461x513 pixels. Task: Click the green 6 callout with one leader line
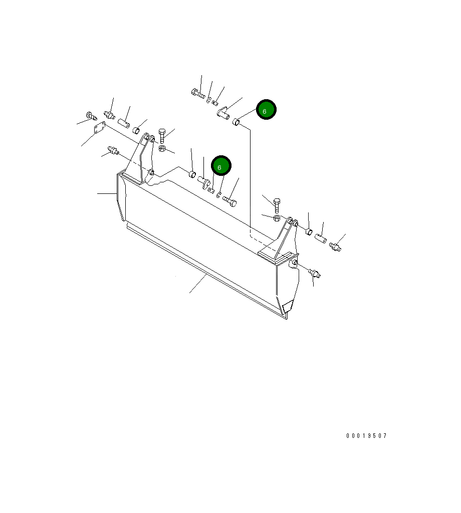pos(266,110)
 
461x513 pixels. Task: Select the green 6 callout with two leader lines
pos(221,165)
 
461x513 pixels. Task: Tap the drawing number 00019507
pos(366,436)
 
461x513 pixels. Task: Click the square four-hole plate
pos(100,128)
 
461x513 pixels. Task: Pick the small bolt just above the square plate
pos(91,116)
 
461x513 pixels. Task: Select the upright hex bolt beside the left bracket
pos(162,135)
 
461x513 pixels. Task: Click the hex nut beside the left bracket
pos(162,148)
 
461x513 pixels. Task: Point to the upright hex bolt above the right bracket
pos(277,205)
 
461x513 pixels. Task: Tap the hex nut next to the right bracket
pos(277,218)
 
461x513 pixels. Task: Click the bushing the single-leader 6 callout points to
pos(236,122)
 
